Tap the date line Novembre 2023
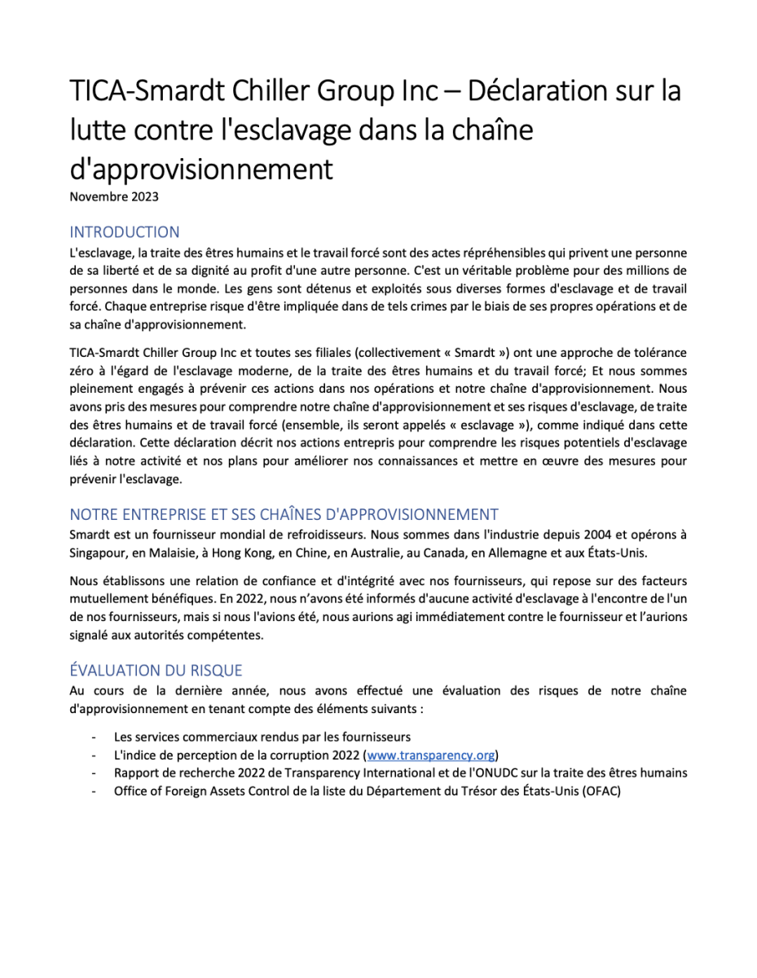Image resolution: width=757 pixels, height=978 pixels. click(x=114, y=196)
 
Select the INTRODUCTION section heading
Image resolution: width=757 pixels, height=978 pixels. click(x=125, y=231)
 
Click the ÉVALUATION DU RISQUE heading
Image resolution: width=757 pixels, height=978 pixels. click(x=156, y=670)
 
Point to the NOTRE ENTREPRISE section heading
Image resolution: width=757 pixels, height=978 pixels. click(x=284, y=514)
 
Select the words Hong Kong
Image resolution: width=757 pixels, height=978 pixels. click(x=257, y=552)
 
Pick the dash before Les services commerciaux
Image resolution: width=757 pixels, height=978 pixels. click(x=95, y=737)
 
